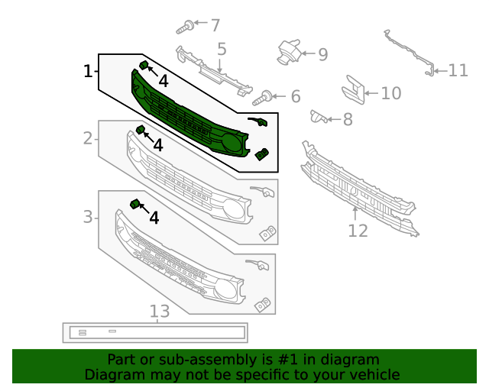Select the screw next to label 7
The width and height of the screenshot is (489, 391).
pos(184,27)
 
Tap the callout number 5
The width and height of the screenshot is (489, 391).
pos(222,50)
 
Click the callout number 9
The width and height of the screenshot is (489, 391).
pos(322,54)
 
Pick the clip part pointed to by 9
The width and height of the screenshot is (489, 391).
pos(288,50)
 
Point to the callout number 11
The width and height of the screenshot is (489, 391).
pos(458,71)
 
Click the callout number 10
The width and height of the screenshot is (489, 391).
pos(390,94)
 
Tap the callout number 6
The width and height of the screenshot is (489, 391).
pos(295,97)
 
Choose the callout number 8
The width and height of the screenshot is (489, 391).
pos(348,119)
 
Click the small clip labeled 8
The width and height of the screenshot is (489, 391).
pos(319,116)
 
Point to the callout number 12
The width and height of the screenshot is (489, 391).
pos(358,230)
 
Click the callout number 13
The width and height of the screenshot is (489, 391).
pos(159,312)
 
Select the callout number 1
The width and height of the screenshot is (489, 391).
pos(88,72)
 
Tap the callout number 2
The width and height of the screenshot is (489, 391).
pos(88,138)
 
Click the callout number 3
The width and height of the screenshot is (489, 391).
pos(88,218)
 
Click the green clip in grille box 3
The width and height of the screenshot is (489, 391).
pos(135,203)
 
